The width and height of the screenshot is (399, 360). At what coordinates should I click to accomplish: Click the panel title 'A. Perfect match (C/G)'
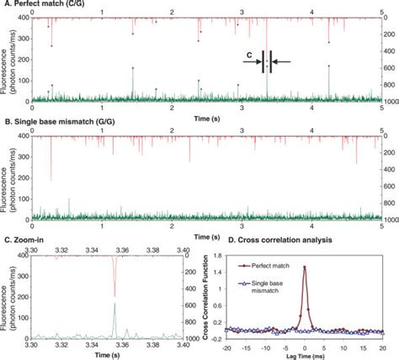(x=46, y=4)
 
